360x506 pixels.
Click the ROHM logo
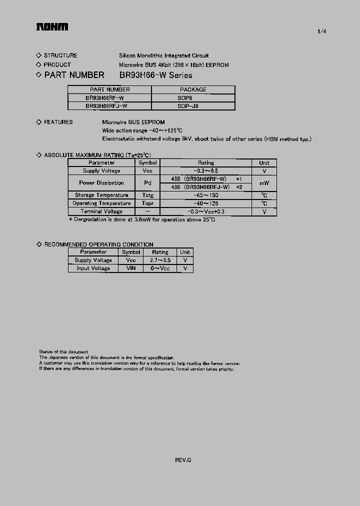51,27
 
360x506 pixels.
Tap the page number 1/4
321,31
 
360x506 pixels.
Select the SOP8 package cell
192,98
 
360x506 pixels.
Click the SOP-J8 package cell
192,106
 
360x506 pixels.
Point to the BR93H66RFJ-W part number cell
109,106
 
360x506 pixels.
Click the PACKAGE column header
192,89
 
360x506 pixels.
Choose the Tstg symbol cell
147,195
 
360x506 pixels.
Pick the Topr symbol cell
147,203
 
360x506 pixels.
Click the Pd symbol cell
147,183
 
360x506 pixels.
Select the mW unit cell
264,183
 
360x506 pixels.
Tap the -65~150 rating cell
205,195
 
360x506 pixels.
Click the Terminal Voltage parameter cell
101,211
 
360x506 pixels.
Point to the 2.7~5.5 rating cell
160,260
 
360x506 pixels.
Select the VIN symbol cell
131,268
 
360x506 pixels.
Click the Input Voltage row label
93,268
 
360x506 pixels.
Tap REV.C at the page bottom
183,459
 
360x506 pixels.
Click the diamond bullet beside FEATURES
39,122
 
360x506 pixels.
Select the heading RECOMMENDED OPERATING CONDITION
98,244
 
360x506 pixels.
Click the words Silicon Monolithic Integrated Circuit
163,55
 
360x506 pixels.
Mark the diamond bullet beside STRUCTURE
39,55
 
